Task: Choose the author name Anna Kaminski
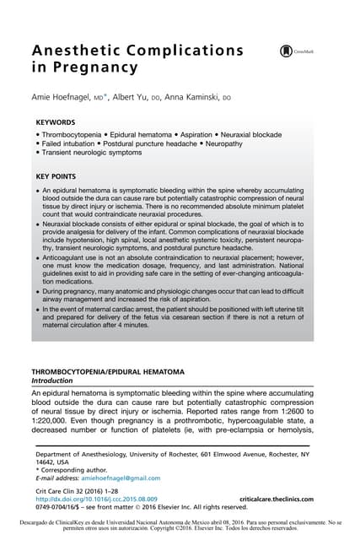coord(199,97)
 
